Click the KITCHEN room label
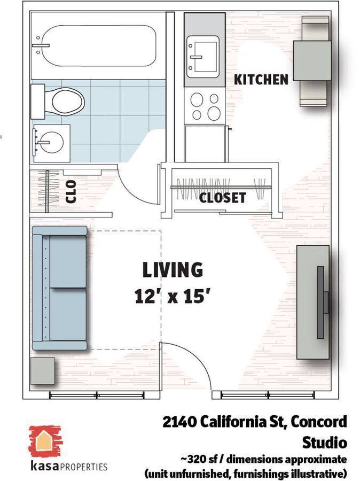(x=261, y=80)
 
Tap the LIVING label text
(x=173, y=270)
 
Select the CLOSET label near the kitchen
(x=223, y=198)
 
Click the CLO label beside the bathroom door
(x=71, y=192)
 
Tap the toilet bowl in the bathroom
(x=68, y=101)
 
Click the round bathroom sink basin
(x=52, y=143)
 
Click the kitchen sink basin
(x=203, y=57)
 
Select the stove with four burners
(x=206, y=106)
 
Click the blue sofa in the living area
(x=60, y=288)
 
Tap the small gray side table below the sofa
(x=43, y=370)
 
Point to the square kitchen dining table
(x=312, y=61)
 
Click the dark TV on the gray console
(x=322, y=302)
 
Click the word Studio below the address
(x=325, y=443)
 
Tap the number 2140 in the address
(x=179, y=422)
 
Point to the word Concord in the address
(x=319, y=422)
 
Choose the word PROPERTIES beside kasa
(x=84, y=467)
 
